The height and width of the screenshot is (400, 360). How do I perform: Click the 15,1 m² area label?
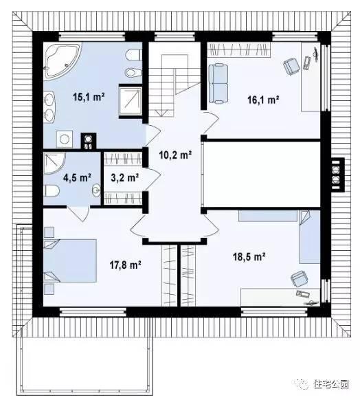click(89, 97)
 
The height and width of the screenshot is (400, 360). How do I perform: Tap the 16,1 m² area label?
click(263, 100)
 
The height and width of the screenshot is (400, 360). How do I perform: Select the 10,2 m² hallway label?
click(175, 155)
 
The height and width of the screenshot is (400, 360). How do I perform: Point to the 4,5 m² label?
click(77, 177)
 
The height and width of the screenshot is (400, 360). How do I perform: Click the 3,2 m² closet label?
click(124, 177)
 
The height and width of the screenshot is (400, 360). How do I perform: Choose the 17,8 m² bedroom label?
click(126, 265)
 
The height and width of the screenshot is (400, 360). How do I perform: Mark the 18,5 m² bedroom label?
click(249, 256)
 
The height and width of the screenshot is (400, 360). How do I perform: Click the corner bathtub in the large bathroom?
click(62, 60)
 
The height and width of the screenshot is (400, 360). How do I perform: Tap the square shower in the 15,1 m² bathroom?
click(131, 101)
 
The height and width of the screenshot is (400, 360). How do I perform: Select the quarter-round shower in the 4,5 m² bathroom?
click(54, 164)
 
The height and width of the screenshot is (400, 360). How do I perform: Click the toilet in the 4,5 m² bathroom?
click(52, 190)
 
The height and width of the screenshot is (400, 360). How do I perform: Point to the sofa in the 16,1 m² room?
click(218, 84)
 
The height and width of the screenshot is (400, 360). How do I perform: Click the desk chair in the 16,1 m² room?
click(292, 66)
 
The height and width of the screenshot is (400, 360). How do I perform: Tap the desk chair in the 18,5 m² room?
click(300, 279)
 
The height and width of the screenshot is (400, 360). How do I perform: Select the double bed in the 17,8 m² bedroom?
click(70, 260)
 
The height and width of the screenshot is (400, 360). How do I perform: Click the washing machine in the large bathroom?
click(65, 139)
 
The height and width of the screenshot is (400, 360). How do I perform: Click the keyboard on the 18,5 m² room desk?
click(303, 294)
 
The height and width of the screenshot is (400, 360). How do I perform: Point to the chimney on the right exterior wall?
click(337, 175)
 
